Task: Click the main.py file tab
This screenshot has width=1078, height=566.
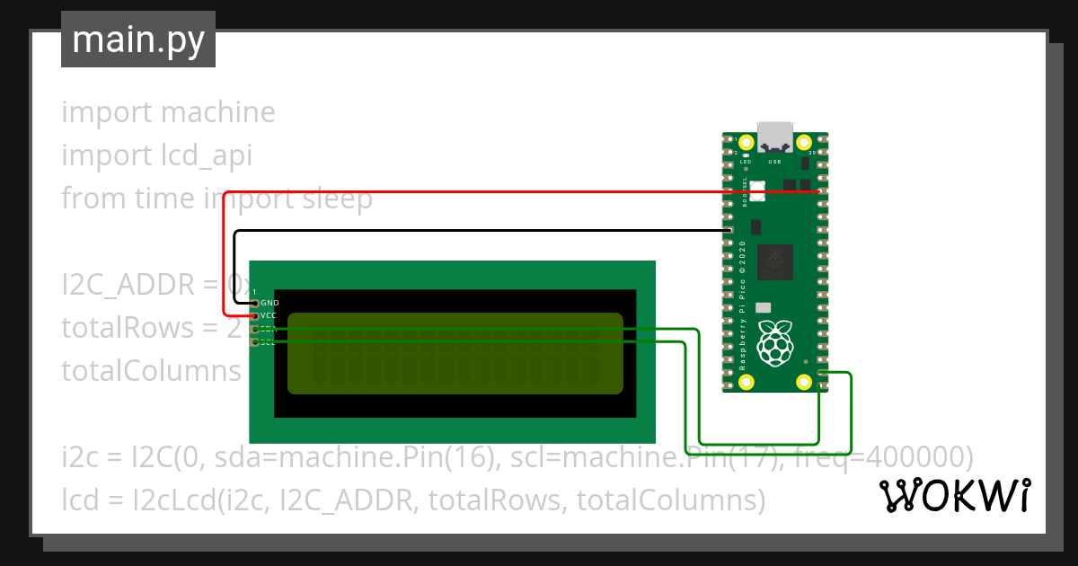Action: (x=138, y=40)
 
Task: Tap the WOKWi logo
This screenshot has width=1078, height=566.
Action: (x=954, y=495)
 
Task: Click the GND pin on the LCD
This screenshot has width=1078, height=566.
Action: (x=256, y=304)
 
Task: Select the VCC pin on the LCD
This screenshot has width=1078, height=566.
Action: (x=256, y=316)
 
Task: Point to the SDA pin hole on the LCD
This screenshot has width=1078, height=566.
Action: (x=256, y=330)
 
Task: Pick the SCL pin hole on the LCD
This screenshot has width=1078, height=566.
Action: (x=256, y=342)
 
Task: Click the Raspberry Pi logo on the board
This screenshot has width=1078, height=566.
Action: (x=774, y=342)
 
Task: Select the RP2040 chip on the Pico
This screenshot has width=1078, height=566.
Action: (x=774, y=262)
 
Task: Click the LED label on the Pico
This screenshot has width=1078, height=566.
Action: (x=745, y=162)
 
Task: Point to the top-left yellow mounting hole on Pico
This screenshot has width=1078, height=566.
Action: (x=746, y=142)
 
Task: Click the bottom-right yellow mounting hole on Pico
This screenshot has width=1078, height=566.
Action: (x=804, y=381)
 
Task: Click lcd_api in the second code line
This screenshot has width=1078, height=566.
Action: (x=200, y=156)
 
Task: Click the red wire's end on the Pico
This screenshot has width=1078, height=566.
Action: (x=817, y=191)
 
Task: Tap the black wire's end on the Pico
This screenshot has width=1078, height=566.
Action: (x=729, y=231)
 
